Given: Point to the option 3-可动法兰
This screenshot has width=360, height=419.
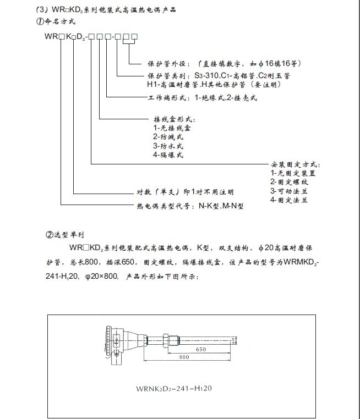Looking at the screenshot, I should (x=288, y=191).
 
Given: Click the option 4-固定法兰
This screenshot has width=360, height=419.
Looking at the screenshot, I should (x=288, y=200).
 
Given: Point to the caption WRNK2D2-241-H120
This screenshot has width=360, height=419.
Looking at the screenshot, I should (x=173, y=388).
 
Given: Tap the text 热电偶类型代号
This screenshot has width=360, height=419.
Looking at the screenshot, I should (x=163, y=207).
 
